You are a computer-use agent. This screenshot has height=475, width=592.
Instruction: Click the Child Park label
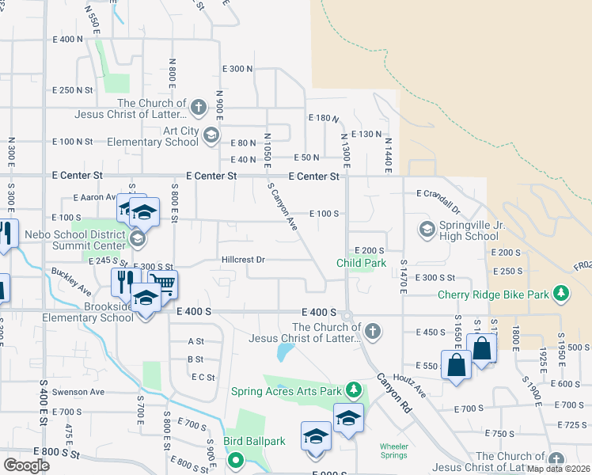click(361, 263)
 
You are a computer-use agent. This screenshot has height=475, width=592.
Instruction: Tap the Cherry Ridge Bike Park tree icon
click(562, 294)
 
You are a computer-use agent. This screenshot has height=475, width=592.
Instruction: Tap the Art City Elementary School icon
click(211, 136)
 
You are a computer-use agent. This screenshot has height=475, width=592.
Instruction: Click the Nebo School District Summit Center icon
click(138, 238)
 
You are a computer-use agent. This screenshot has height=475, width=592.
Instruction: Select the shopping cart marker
click(162, 283)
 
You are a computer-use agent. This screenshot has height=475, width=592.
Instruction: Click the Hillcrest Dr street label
click(243, 259)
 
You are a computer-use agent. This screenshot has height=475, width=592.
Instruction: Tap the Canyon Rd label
click(396, 392)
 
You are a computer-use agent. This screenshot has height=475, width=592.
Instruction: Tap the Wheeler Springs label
click(393, 450)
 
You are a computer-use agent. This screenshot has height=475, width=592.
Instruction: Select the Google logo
click(26, 465)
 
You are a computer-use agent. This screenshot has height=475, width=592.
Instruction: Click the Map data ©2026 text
click(559, 469)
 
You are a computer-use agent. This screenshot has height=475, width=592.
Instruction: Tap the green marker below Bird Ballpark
click(235, 459)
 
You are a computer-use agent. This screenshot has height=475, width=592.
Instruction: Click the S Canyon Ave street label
click(283, 207)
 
